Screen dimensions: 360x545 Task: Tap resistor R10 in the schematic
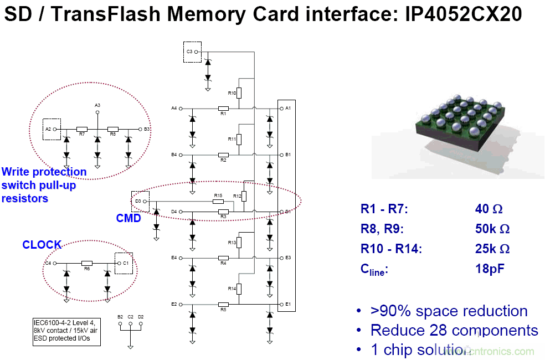pos(239,93)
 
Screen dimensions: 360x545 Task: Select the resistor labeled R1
pos(223,108)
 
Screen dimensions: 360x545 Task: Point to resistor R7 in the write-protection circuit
pos(82,129)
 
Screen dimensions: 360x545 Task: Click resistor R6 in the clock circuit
pos(87,263)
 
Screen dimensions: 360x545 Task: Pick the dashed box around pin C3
pos(192,52)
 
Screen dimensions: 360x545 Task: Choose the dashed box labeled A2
pos(50,128)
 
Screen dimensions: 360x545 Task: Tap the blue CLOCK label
pos(42,244)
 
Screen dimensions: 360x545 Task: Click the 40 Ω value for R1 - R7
pos(489,209)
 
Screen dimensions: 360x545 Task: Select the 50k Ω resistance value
pos(492,229)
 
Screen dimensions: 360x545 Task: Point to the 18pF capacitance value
pos(490,269)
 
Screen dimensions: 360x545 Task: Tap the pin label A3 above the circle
pos(97,105)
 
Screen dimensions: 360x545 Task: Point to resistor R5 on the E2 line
pos(223,304)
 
